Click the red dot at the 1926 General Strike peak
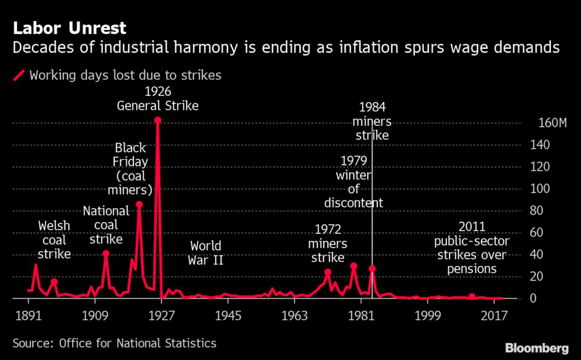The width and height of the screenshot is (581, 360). pos(158,120)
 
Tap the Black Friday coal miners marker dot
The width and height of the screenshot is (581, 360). pos(139,204)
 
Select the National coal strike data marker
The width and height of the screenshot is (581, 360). pos(106,253)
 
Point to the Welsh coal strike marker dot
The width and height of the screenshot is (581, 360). pos(54,281)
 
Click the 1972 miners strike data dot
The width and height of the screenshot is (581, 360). pos(327,272)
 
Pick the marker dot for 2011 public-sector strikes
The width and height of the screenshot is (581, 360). pos(471,297)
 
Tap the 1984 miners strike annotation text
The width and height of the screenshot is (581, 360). pos(372,121)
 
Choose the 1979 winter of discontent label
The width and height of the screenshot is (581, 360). pos(353,181)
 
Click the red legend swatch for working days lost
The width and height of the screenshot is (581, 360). pos(20,75)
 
